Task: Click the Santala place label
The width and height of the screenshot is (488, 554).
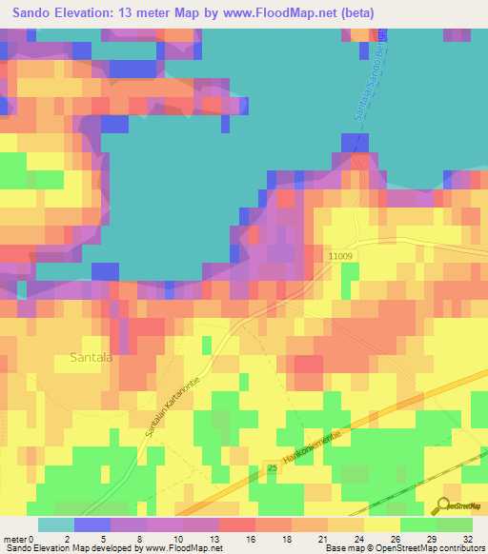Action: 91,358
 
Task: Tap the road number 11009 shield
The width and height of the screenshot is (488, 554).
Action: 338,256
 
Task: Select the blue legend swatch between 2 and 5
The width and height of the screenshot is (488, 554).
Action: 92,524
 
